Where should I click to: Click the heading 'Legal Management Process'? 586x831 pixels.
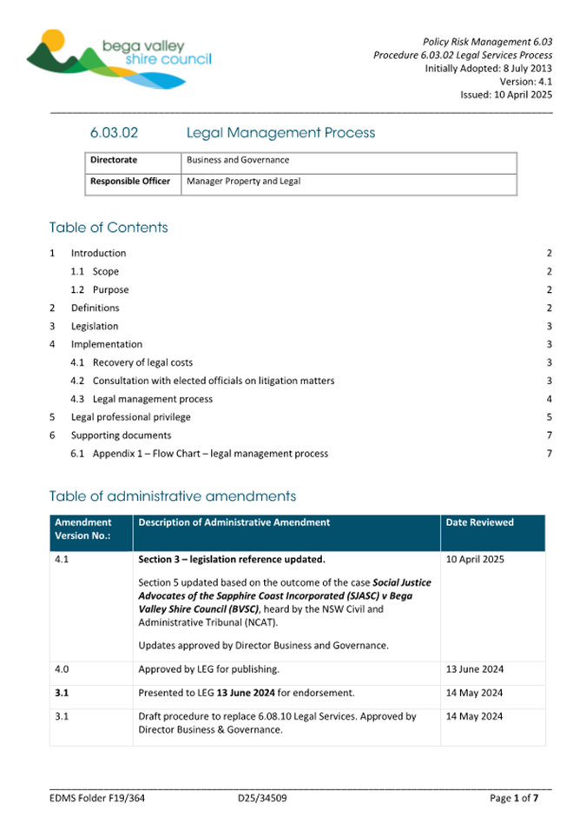(x=280, y=133)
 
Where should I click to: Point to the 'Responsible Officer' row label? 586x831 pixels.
(x=130, y=182)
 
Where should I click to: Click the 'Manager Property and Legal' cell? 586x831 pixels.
(x=244, y=182)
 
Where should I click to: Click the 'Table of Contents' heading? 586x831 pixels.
(x=109, y=228)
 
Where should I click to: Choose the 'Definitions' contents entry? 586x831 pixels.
(x=95, y=308)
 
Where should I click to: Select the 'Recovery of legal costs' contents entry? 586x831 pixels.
(x=142, y=362)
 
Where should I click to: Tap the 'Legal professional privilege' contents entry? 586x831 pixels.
(x=130, y=417)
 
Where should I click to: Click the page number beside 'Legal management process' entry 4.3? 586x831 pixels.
(x=549, y=399)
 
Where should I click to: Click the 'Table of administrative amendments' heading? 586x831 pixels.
(x=172, y=496)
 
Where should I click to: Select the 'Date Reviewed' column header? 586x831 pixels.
(x=479, y=522)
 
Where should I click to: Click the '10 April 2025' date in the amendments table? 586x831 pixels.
(x=476, y=560)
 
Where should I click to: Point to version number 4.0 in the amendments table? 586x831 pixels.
(x=61, y=669)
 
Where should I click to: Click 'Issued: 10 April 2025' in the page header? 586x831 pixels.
(x=506, y=96)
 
